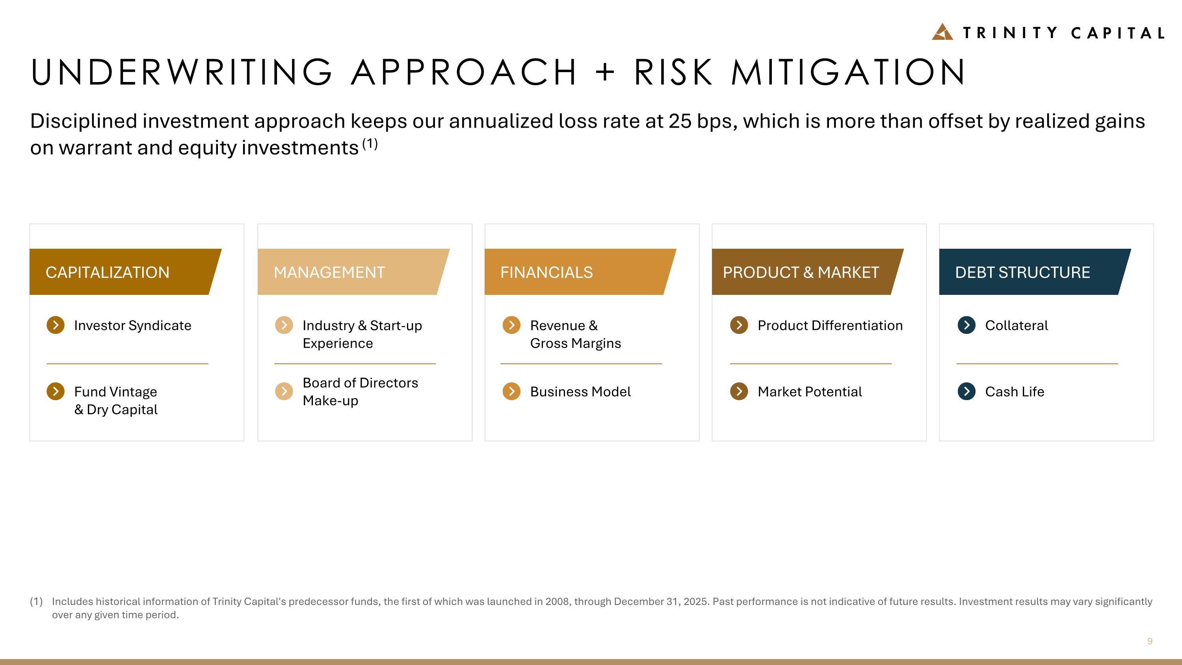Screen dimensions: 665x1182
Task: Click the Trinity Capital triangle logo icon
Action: point(942,32)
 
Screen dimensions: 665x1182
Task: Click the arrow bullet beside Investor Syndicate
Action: point(56,325)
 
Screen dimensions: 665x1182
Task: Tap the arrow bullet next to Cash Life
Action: point(966,391)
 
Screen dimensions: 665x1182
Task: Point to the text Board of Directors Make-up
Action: point(360,391)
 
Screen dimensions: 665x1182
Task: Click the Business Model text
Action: point(580,391)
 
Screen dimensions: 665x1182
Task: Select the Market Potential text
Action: point(809,391)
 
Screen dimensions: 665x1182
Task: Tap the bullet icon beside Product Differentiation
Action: point(739,325)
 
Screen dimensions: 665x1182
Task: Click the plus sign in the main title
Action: point(605,73)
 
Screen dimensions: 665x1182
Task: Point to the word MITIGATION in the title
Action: point(848,73)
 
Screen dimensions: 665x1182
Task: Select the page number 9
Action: point(1149,641)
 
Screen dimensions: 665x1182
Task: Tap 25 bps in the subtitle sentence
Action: point(702,121)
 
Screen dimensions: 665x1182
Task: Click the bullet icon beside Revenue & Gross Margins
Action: point(511,325)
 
